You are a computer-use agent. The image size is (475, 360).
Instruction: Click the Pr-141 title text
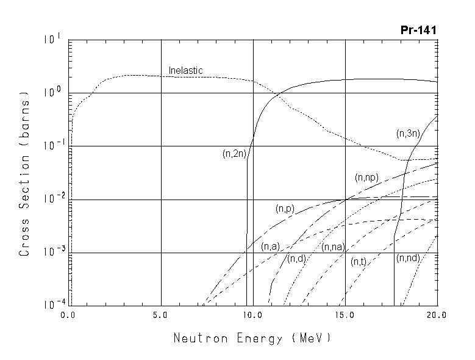(418, 30)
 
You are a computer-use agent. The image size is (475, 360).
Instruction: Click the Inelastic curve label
(185, 71)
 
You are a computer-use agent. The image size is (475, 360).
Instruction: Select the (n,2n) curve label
(234, 154)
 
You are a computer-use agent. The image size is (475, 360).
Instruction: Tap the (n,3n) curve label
(407, 133)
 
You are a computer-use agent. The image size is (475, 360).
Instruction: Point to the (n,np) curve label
(366, 178)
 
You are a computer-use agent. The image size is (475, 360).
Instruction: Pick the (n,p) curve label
(285, 209)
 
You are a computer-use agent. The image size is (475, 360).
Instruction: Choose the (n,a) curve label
(270, 247)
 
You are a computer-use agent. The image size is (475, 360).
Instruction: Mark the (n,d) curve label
(296, 259)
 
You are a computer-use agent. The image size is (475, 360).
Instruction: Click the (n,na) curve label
(333, 247)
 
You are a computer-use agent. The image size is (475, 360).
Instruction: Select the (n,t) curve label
(358, 261)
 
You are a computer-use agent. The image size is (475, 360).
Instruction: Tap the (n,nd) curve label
(408, 258)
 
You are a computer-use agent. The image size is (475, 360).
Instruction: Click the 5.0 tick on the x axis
(161, 315)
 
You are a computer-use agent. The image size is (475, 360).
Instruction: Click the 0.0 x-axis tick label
(68, 315)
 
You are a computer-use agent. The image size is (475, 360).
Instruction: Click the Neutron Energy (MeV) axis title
(252, 337)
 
